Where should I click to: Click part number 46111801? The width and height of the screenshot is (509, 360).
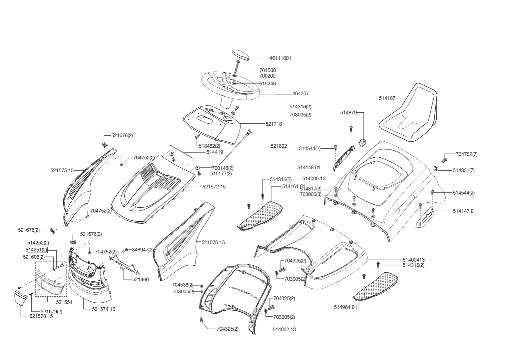click(x=280, y=58)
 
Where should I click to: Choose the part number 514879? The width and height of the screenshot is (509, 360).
click(x=348, y=113)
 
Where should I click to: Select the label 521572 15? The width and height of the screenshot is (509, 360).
click(x=214, y=187)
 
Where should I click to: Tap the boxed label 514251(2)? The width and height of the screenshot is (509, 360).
click(x=37, y=250)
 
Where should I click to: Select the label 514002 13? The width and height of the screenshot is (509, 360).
click(x=284, y=329)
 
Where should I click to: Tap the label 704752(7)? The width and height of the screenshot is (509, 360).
click(x=466, y=154)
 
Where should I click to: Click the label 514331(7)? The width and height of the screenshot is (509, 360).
click(x=464, y=170)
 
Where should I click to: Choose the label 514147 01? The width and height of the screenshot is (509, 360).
click(x=464, y=211)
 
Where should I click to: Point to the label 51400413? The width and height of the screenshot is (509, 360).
click(x=413, y=260)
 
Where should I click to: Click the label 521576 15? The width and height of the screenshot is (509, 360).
click(x=213, y=242)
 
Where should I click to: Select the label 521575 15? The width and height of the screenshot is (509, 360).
click(x=62, y=170)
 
